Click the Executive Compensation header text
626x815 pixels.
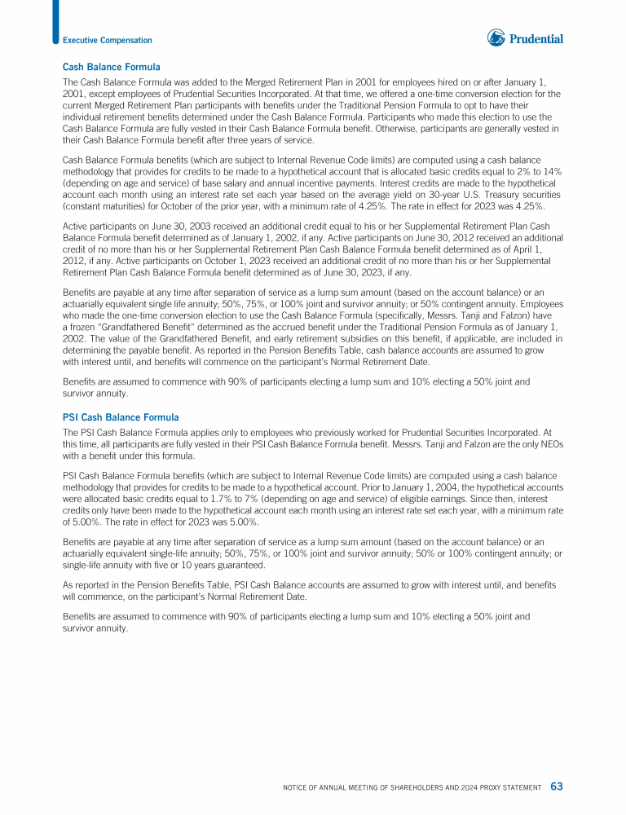pos(108,40)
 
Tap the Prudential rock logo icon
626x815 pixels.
pos(496,37)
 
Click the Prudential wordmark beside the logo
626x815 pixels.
pos(536,38)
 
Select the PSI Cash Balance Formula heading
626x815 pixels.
pos(121,417)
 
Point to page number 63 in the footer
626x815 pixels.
pos(556,786)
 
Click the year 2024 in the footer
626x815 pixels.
pos(456,787)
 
